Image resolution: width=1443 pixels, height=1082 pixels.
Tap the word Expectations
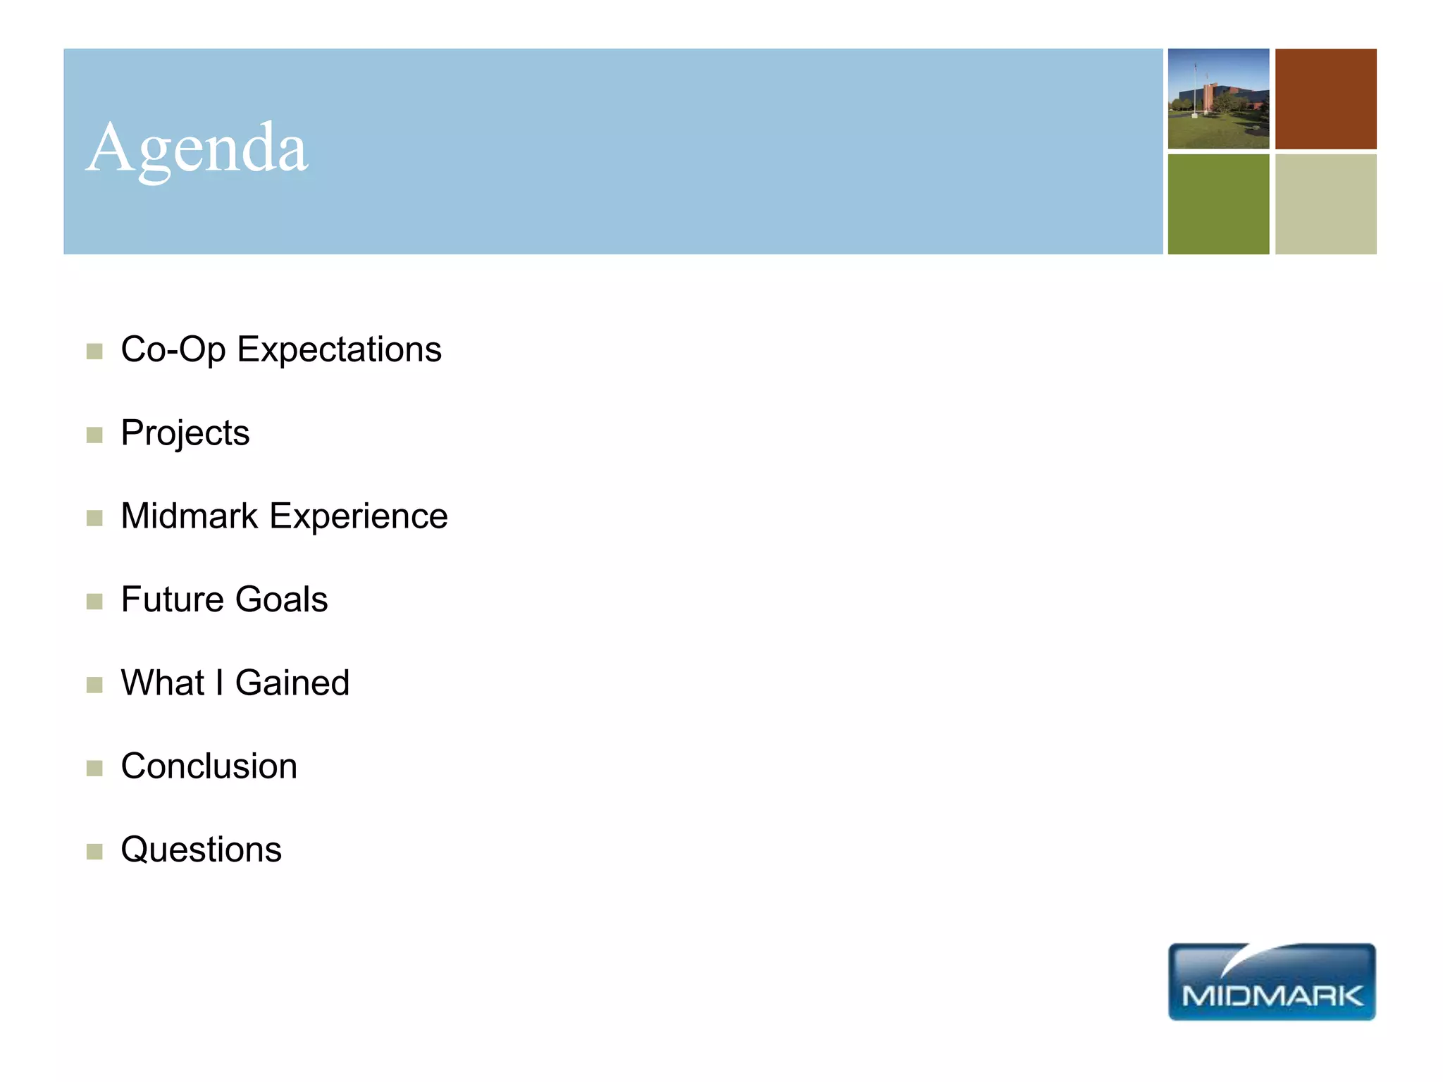(339, 350)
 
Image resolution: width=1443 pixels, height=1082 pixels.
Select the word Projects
(185, 433)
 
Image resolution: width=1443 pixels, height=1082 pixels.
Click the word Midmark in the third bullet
(190, 516)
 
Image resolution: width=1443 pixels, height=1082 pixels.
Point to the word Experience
(359, 516)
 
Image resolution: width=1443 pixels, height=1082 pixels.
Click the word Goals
(281, 599)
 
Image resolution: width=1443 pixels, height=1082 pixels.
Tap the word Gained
(292, 683)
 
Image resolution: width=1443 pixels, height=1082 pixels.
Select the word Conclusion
(209, 766)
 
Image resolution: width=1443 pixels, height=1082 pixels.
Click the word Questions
(202, 850)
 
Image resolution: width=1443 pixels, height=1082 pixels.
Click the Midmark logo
(1272, 982)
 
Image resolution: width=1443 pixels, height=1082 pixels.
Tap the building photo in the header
(1218, 99)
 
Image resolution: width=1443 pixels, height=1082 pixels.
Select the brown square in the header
(1325, 99)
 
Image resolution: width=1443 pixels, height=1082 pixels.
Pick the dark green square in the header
(1218, 204)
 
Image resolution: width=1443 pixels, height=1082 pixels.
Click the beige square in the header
(1325, 204)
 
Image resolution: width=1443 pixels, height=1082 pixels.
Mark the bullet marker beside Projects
(94, 435)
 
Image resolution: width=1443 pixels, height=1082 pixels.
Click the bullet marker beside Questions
(94, 852)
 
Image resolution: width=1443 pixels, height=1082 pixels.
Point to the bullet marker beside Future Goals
(94, 602)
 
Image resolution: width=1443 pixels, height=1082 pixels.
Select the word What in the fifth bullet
(163, 683)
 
